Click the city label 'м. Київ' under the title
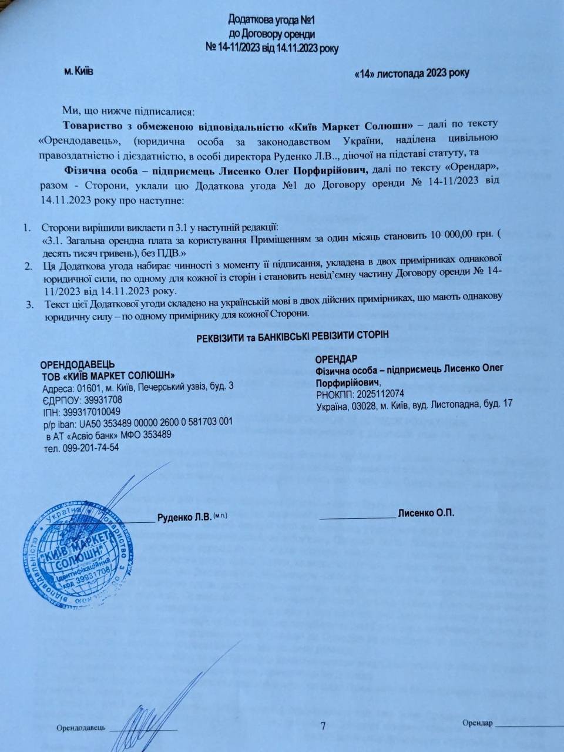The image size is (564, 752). click(x=78, y=71)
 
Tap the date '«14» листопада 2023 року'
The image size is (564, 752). click(x=412, y=73)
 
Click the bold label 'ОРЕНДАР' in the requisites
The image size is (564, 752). click(x=336, y=359)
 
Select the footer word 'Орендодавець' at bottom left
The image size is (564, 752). click(x=81, y=728)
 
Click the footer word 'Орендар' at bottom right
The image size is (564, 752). click(x=477, y=722)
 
